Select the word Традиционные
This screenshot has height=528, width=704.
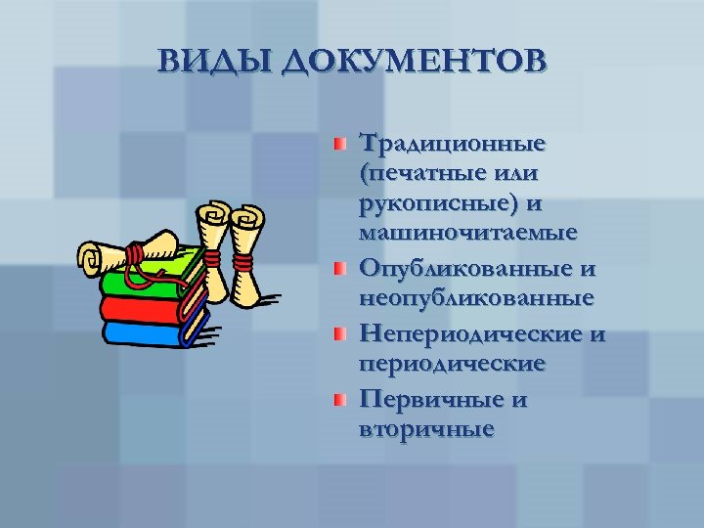click(x=451, y=145)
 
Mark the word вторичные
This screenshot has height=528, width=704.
click(x=426, y=429)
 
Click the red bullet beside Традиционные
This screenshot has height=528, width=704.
click(x=337, y=144)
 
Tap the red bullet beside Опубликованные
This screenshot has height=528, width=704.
click(x=337, y=267)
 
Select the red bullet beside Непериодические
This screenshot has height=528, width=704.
click(x=337, y=334)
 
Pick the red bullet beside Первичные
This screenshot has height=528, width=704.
click(x=337, y=401)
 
